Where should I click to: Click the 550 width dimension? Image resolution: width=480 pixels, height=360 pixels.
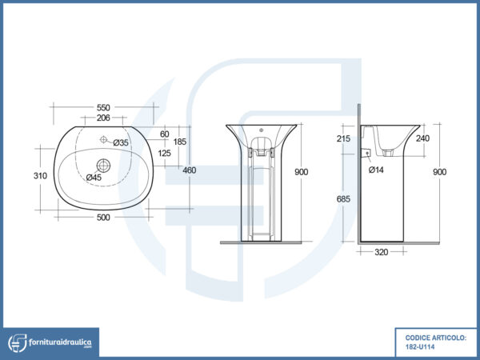pos(104,107)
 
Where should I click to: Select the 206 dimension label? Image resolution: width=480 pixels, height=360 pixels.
pos(104,118)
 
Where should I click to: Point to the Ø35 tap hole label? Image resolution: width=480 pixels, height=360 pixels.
pos(121,142)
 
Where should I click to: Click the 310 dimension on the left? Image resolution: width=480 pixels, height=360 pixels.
pos(38,175)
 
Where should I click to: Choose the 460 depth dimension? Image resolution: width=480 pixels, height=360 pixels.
pos(190,170)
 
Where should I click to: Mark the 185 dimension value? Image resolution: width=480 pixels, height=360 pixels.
pos(181,142)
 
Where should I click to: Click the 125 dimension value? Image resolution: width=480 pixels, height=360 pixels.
pos(165,153)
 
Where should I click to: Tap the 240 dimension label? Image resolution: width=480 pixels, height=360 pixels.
pos(424,138)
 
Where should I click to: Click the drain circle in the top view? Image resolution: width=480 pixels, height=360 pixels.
pos(103,166)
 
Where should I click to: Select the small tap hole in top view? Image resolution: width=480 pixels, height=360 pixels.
pos(104,140)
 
